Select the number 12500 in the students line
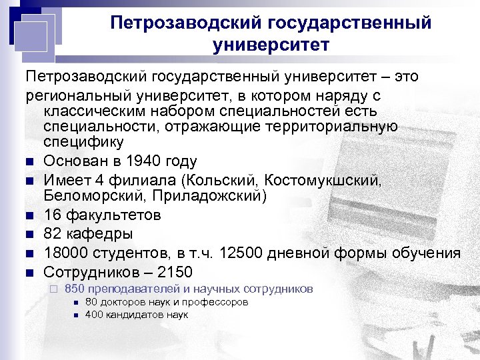(x=289, y=253)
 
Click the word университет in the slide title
(x=271, y=45)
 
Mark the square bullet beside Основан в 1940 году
(x=31, y=162)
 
